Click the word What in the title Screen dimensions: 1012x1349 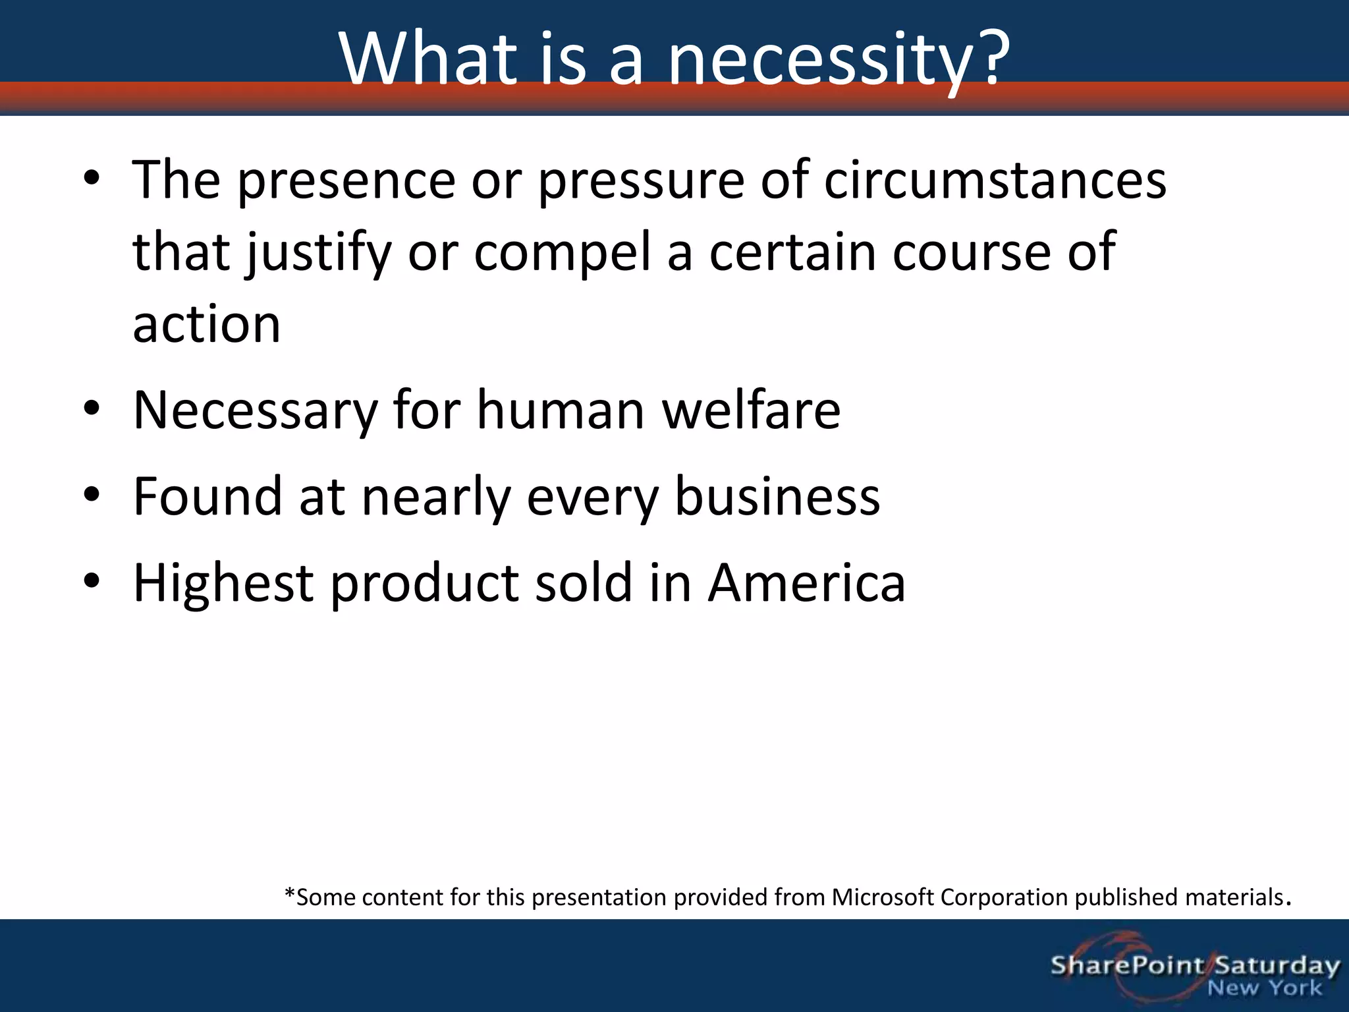coord(429,57)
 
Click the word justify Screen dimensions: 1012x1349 coord(319,254)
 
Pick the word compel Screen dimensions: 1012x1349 coord(563,254)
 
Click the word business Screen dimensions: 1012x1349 coord(777,496)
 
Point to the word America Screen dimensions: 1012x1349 coord(807,582)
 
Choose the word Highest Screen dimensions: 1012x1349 coord(223,584)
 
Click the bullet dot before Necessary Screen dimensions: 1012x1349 coord(92,408)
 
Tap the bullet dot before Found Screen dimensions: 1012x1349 coord(92,494)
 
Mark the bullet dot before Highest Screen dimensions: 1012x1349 coord(92,580)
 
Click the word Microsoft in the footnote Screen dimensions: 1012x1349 coord(883,897)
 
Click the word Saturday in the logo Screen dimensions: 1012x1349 coord(1277,967)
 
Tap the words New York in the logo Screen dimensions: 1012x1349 coord(1265,988)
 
